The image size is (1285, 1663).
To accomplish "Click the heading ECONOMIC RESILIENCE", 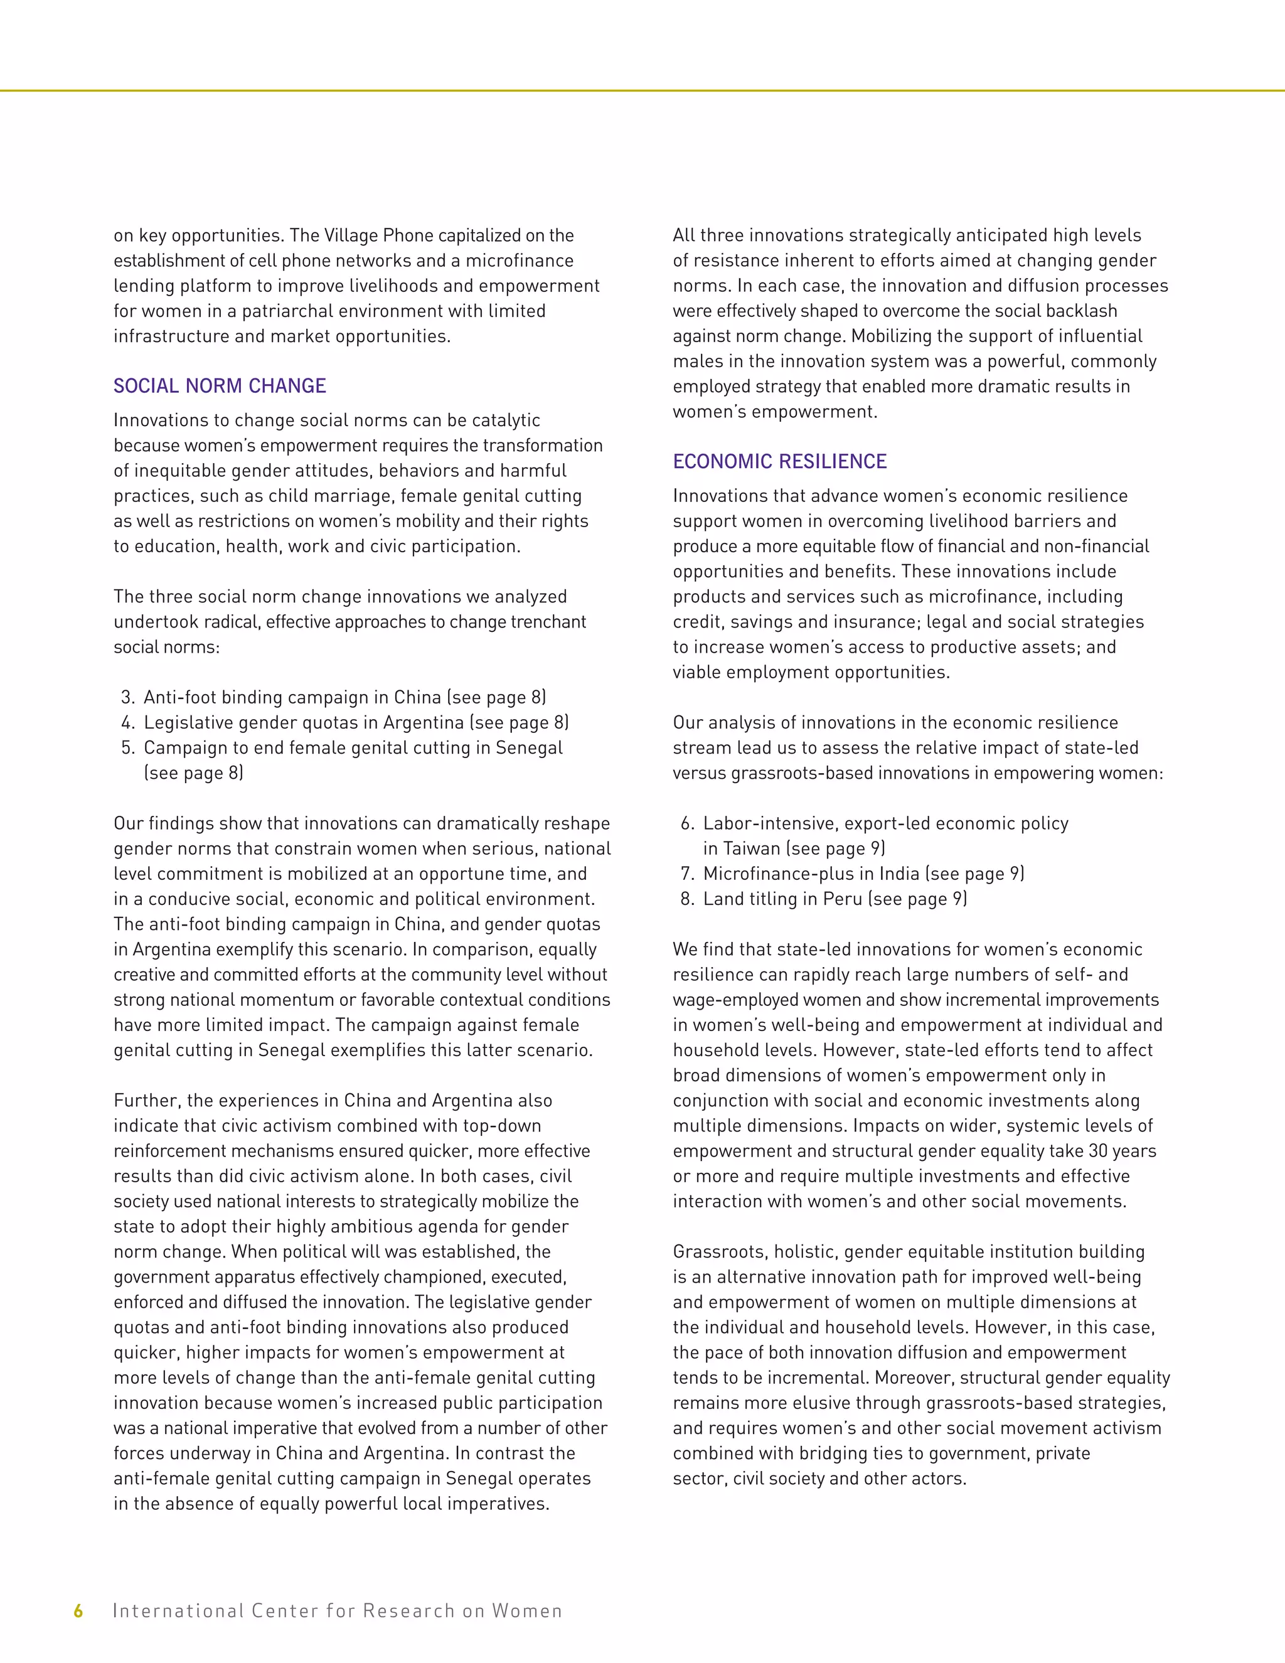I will tap(779, 461).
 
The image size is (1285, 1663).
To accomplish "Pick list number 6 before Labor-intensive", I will tap(686, 823).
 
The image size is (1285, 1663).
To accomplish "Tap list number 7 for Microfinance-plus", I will tap(686, 874).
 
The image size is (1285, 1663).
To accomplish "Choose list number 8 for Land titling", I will tap(686, 899).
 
